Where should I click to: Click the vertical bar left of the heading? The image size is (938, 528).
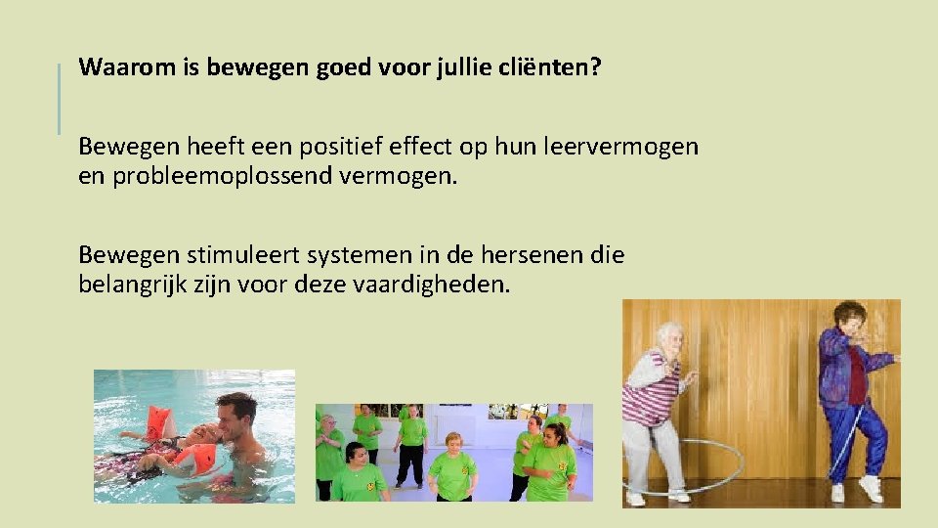(x=59, y=98)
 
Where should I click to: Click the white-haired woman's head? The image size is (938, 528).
(x=669, y=338)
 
